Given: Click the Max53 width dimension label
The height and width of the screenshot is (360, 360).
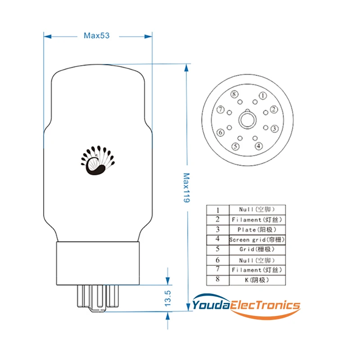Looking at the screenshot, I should coord(97,36).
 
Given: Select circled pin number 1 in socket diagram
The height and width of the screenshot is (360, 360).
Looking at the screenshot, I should coord(262,95).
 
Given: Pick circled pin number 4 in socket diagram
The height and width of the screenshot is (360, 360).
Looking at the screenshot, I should coord(258,146).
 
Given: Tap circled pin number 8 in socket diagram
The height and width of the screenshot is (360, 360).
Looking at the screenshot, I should coord(234,94).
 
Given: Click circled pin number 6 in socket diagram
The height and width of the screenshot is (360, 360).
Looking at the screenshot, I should coord(220,133).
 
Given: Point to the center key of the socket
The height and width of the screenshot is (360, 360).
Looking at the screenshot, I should coord(247,120).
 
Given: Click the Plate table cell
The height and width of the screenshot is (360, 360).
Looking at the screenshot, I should coord(257,229).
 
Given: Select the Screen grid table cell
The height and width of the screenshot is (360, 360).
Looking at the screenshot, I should coord(257,239).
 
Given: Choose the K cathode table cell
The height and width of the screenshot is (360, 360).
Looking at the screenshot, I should coord(257,280).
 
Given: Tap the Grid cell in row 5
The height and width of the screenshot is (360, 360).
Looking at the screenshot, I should coord(257,249).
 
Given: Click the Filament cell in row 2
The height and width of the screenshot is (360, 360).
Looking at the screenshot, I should coord(257,220).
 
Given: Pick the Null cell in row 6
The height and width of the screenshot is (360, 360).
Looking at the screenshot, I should coord(257,260).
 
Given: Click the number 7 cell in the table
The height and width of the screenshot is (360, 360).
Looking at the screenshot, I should coord(217,270).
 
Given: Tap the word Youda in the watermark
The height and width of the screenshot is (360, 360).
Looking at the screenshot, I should coord(211,306).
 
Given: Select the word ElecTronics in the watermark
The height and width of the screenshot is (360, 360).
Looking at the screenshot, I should coord(265,306).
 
